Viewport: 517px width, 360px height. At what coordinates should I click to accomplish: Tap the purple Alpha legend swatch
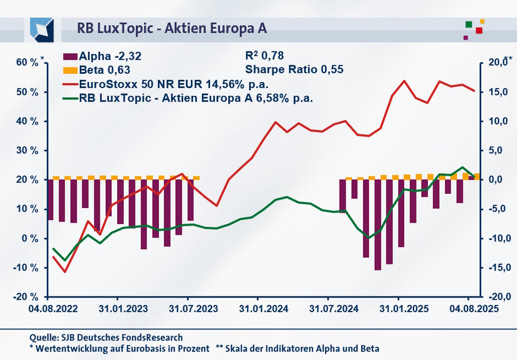coord(71,56)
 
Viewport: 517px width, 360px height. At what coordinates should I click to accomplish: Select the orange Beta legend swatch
coord(71,70)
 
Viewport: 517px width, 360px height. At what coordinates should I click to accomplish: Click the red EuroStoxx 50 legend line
coord(71,84)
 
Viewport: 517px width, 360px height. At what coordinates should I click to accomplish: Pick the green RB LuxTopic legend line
coord(71,98)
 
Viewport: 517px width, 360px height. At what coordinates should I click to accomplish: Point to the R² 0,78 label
coord(265,55)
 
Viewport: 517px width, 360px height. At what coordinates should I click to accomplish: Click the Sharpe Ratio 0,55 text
coord(295,70)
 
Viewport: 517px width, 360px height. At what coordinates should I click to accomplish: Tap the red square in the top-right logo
coord(479,30)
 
